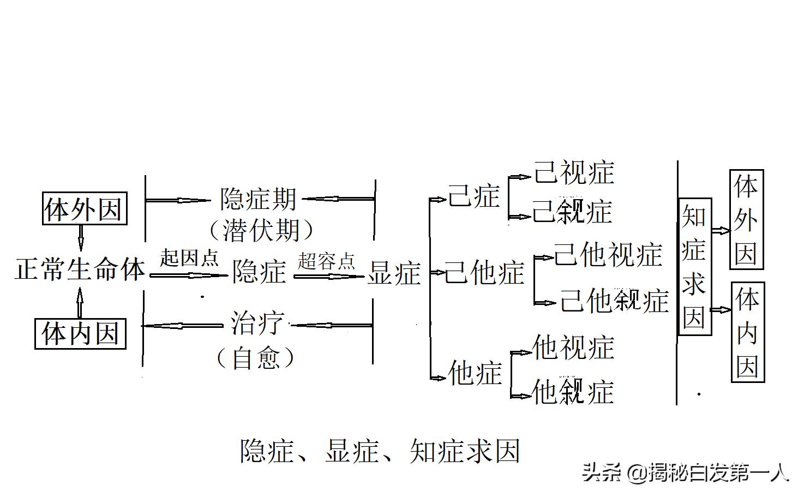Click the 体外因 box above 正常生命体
85,208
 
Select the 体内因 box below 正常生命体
81,333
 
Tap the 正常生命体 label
80,270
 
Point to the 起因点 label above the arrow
189,258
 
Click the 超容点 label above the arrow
326,261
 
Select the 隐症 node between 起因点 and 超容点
259,272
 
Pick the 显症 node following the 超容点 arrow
394,273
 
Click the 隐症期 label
258,199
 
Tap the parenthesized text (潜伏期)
261,230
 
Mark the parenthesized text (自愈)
255,358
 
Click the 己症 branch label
473,196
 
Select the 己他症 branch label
484,272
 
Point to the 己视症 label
574,173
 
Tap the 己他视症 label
608,255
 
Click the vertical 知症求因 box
694,266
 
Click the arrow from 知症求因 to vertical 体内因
721,310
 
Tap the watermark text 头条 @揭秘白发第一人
685,472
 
